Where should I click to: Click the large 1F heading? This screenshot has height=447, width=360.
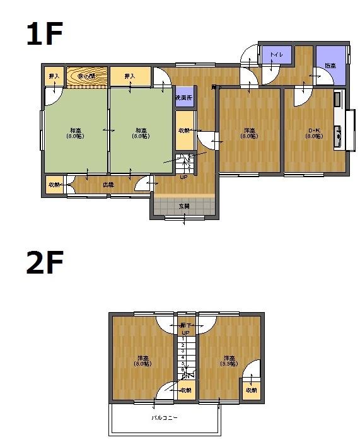click(45, 35)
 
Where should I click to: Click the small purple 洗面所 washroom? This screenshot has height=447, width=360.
click(184, 98)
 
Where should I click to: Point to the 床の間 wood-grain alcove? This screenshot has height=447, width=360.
click(87, 76)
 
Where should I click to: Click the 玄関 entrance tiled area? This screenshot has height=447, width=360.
click(184, 206)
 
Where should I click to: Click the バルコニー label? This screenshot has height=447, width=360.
click(164, 417)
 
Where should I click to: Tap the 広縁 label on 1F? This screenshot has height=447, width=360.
click(108, 185)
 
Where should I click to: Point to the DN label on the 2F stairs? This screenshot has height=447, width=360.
click(187, 376)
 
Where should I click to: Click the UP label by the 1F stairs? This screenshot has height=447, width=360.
click(183, 177)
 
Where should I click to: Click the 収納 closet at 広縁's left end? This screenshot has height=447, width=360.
click(54, 185)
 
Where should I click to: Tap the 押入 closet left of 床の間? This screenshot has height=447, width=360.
click(54, 76)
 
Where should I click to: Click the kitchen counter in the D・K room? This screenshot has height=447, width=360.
click(339, 120)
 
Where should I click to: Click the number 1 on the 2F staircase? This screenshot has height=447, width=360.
click(183, 339)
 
